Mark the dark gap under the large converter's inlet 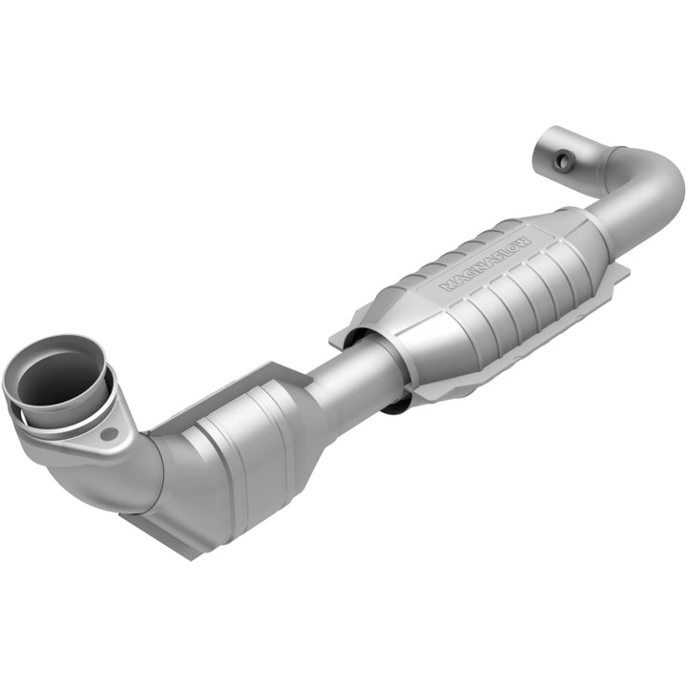(396, 406)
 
